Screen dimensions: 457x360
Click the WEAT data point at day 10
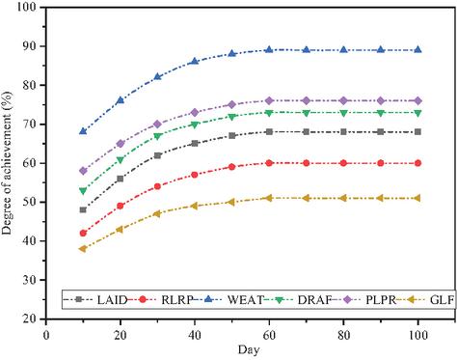click(x=83, y=131)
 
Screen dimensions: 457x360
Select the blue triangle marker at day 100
click(x=417, y=50)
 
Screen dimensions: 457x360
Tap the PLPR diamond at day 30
click(x=157, y=124)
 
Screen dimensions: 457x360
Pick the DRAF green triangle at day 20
click(x=121, y=159)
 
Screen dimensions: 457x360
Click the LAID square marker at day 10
click(x=83, y=209)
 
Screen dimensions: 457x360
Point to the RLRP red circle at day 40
click(x=195, y=175)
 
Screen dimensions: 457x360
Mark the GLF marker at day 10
click(x=83, y=249)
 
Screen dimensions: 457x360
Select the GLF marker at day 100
click(x=417, y=198)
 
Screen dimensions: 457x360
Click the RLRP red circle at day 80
click(x=343, y=163)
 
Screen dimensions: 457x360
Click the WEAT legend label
click(x=245, y=300)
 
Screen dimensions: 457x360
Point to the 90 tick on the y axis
click(x=31, y=46)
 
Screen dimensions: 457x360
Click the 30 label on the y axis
click(x=31, y=280)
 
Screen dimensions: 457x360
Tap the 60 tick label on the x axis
click(x=269, y=336)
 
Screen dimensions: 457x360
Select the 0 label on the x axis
click(x=46, y=336)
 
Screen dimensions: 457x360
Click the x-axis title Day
click(x=249, y=349)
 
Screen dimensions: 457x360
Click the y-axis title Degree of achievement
click(x=7, y=162)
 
